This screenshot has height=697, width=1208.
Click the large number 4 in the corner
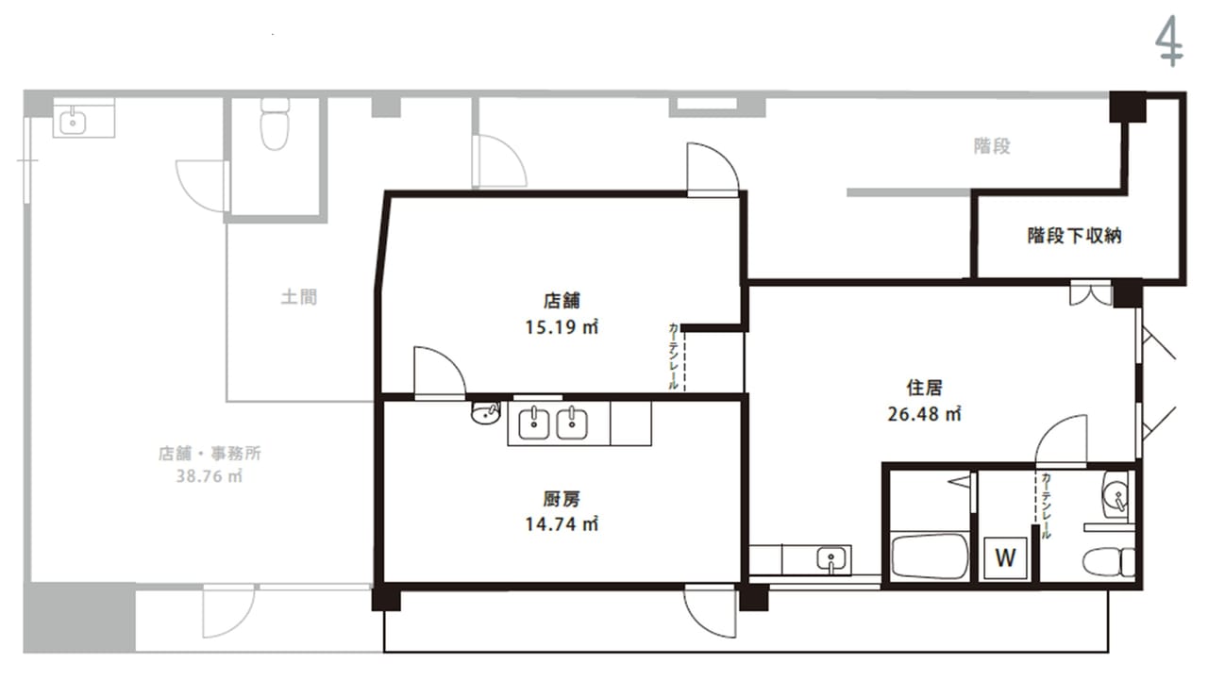pyautogui.click(x=1168, y=41)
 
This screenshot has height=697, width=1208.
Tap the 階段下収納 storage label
pyautogui.click(x=1074, y=236)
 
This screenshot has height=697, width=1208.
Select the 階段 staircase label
pyautogui.click(x=992, y=146)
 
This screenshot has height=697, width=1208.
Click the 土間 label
pyautogui.click(x=299, y=297)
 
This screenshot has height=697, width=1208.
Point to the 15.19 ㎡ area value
pyautogui.click(x=562, y=327)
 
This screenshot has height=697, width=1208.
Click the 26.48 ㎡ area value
pyautogui.click(x=924, y=414)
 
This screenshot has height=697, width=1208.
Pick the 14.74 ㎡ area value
pyautogui.click(x=562, y=524)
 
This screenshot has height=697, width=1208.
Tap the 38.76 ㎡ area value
pyautogui.click(x=210, y=476)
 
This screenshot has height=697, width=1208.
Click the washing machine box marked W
pyautogui.click(x=1005, y=558)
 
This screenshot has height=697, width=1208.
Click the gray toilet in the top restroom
pyautogui.click(x=275, y=124)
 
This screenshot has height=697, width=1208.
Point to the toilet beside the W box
pyautogui.click(x=1108, y=562)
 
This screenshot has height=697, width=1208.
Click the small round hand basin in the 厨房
pyautogui.click(x=485, y=412)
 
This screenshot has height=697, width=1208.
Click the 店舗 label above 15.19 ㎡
pyautogui.click(x=562, y=301)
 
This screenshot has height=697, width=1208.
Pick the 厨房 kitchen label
pyautogui.click(x=562, y=499)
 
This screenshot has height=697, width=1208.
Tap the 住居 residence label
pyautogui.click(x=924, y=388)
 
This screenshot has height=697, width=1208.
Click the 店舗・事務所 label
pyautogui.click(x=210, y=454)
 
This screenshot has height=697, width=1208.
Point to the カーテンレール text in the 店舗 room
pyautogui.click(x=673, y=356)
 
